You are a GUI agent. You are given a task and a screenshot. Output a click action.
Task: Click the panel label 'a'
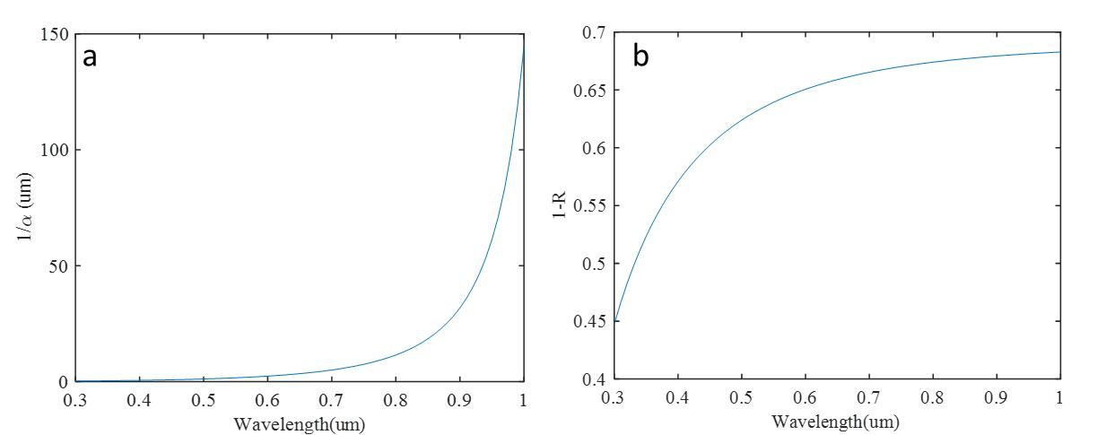[x=90, y=57]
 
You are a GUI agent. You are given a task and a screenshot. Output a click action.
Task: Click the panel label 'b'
[x=640, y=57]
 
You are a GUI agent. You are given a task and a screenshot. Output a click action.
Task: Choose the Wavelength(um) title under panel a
[x=299, y=422]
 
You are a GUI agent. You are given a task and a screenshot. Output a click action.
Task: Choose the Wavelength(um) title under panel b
[x=836, y=421]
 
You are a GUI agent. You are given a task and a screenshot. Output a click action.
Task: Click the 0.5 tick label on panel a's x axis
[x=203, y=398]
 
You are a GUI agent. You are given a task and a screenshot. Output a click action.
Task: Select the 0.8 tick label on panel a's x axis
[x=396, y=398]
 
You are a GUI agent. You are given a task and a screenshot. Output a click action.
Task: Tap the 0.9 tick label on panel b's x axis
[x=997, y=396]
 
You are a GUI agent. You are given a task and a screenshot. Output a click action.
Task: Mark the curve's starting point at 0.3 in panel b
[x=614, y=319]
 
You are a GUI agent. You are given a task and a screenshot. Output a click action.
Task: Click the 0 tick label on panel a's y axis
[x=64, y=382]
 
